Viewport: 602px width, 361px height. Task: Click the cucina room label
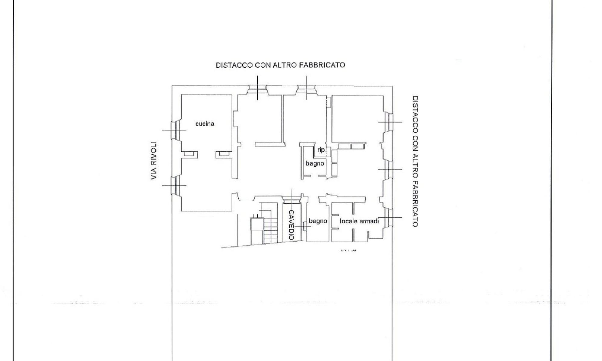tap(205, 124)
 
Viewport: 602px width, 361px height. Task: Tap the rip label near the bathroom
tap(321, 150)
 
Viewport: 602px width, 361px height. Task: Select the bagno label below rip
tap(315, 163)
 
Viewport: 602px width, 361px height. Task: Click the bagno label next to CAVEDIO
tap(318, 221)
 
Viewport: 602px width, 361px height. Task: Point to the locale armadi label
tap(359, 221)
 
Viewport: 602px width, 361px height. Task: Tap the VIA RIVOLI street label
tap(154, 161)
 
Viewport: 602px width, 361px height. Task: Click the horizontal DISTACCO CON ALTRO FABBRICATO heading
tap(280, 65)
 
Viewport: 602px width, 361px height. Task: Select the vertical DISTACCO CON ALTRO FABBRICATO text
tap(415, 161)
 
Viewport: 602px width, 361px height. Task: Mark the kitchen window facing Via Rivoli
tap(174, 130)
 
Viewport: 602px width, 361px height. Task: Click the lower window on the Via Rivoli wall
tap(174, 185)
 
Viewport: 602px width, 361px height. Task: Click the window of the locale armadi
tap(390, 218)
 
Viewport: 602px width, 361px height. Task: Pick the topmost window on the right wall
tap(390, 122)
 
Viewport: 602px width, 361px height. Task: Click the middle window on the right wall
tap(390, 169)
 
